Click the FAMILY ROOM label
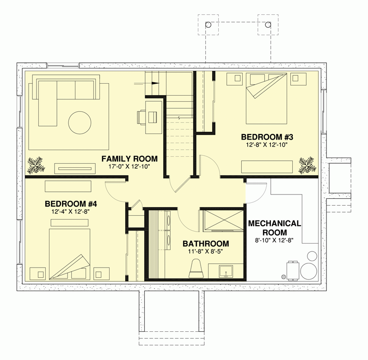pyautogui.click(x=129, y=159)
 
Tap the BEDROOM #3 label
pyautogui.click(x=267, y=137)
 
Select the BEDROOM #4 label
pyautogui.click(x=70, y=204)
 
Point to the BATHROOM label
pyautogui.click(x=206, y=244)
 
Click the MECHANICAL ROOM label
pyautogui.click(x=275, y=228)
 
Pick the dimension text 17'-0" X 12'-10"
pyautogui.click(x=129, y=167)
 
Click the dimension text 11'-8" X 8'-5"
pyautogui.click(x=206, y=252)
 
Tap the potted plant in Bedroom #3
pyautogui.click(x=306, y=164)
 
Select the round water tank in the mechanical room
pyautogui.click(x=308, y=270)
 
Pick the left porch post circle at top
pyautogui.click(x=208, y=24)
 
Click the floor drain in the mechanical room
pyautogui.click(x=283, y=277)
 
